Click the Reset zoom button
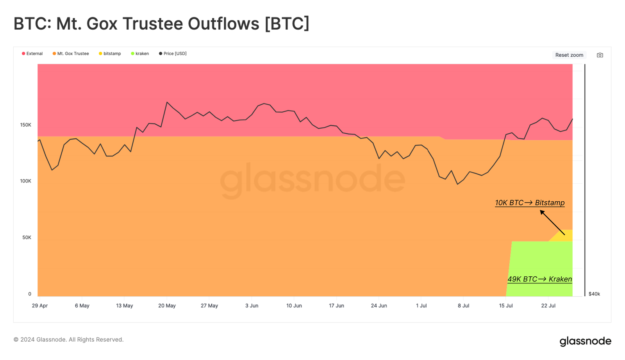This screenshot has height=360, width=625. click(569, 55)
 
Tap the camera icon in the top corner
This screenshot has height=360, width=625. click(600, 55)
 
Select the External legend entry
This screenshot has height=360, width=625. click(32, 54)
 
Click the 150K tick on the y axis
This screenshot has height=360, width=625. click(26, 125)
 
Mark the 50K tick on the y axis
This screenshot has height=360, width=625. click(27, 238)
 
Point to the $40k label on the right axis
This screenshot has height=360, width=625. click(594, 294)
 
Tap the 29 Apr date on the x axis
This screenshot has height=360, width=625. click(40, 306)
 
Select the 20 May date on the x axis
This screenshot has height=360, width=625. click(167, 306)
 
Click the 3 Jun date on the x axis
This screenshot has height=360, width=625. click(252, 306)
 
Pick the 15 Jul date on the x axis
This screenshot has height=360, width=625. click(506, 306)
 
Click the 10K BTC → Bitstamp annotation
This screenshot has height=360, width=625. click(530, 203)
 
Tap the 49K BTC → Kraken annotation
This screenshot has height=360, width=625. click(539, 279)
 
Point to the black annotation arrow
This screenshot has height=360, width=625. click(552, 222)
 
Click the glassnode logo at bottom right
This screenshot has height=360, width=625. click(585, 341)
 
